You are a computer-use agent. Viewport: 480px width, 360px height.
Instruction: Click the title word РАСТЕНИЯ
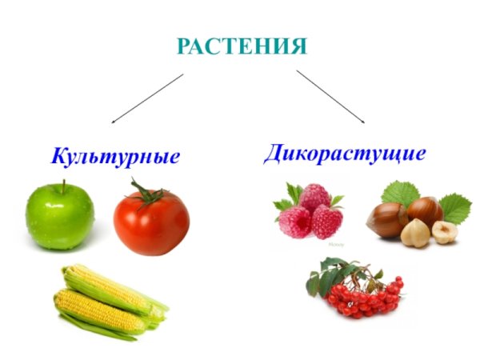[241, 46]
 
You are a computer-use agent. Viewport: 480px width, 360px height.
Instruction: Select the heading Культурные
[115, 155]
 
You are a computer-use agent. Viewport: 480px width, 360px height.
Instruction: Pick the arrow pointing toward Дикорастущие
[330, 96]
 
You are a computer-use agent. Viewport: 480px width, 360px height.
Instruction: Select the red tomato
[151, 222]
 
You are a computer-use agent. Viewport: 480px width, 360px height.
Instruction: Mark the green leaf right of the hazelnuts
[455, 207]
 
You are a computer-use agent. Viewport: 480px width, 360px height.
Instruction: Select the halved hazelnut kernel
[444, 232]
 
